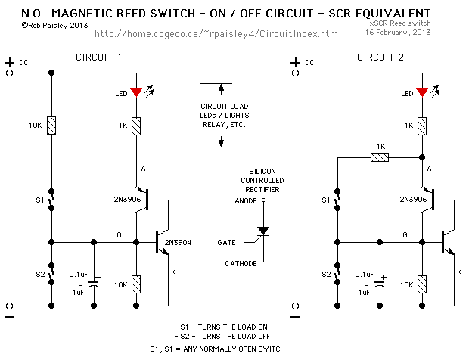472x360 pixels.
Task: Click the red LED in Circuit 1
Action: pos(136,93)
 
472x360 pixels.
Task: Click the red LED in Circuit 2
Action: pos(421,93)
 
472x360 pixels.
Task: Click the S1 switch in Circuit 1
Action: pos(51,200)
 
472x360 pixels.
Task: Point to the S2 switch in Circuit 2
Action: pos(336,274)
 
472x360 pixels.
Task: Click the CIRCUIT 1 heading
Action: pos(100,58)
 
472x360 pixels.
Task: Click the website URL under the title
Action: pos(219,34)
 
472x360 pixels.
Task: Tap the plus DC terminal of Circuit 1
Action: pos(10,73)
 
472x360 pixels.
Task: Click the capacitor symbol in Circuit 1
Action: pos(94,283)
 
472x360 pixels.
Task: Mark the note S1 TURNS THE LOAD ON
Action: pos(222,327)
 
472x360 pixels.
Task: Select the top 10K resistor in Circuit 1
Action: pos(51,126)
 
